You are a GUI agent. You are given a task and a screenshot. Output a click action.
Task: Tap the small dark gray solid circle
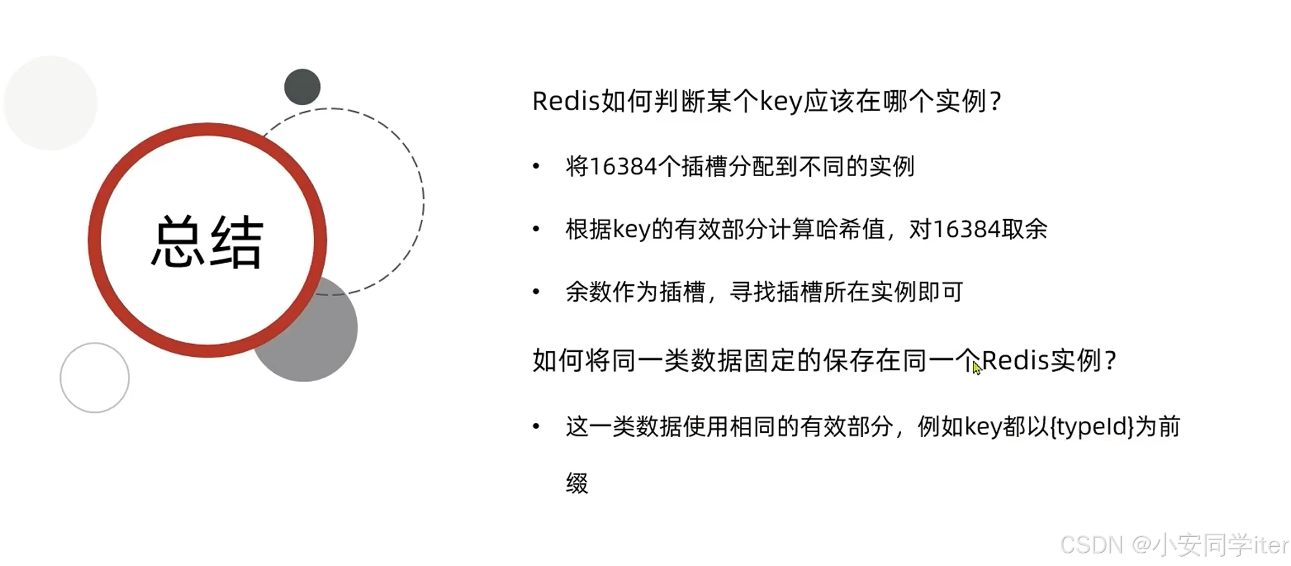[x=302, y=87]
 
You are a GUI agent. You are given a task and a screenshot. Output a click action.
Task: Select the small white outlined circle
[x=95, y=378]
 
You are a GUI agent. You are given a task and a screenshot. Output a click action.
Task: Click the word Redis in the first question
[x=565, y=101]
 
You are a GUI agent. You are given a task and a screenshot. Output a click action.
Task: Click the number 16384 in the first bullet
[x=623, y=166]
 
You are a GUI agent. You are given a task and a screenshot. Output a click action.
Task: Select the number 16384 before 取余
[x=966, y=229]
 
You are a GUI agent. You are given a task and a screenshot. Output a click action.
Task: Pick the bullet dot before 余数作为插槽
[x=536, y=292]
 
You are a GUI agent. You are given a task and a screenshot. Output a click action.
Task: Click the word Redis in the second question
[x=1015, y=361]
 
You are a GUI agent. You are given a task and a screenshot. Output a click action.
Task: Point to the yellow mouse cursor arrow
[x=976, y=367]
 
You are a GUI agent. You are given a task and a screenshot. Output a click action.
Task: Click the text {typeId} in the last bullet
[x=1092, y=427]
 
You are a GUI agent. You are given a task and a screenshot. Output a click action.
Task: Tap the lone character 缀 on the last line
[x=577, y=483]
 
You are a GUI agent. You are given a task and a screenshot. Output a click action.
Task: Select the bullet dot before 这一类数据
[x=536, y=426]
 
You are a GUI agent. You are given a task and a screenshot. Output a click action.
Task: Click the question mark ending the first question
[x=995, y=101]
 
